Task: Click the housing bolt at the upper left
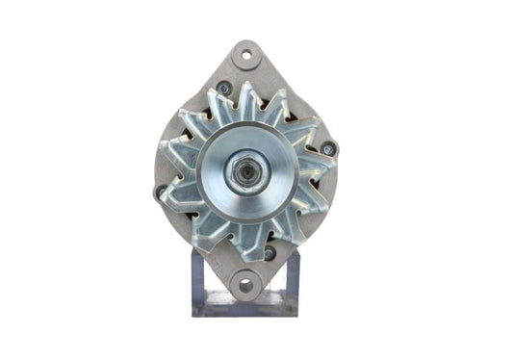pyautogui.click(x=223, y=88)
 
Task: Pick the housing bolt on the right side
pyautogui.click(x=327, y=148)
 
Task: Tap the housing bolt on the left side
pyautogui.click(x=159, y=192)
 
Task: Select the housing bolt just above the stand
pyautogui.click(x=269, y=254)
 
